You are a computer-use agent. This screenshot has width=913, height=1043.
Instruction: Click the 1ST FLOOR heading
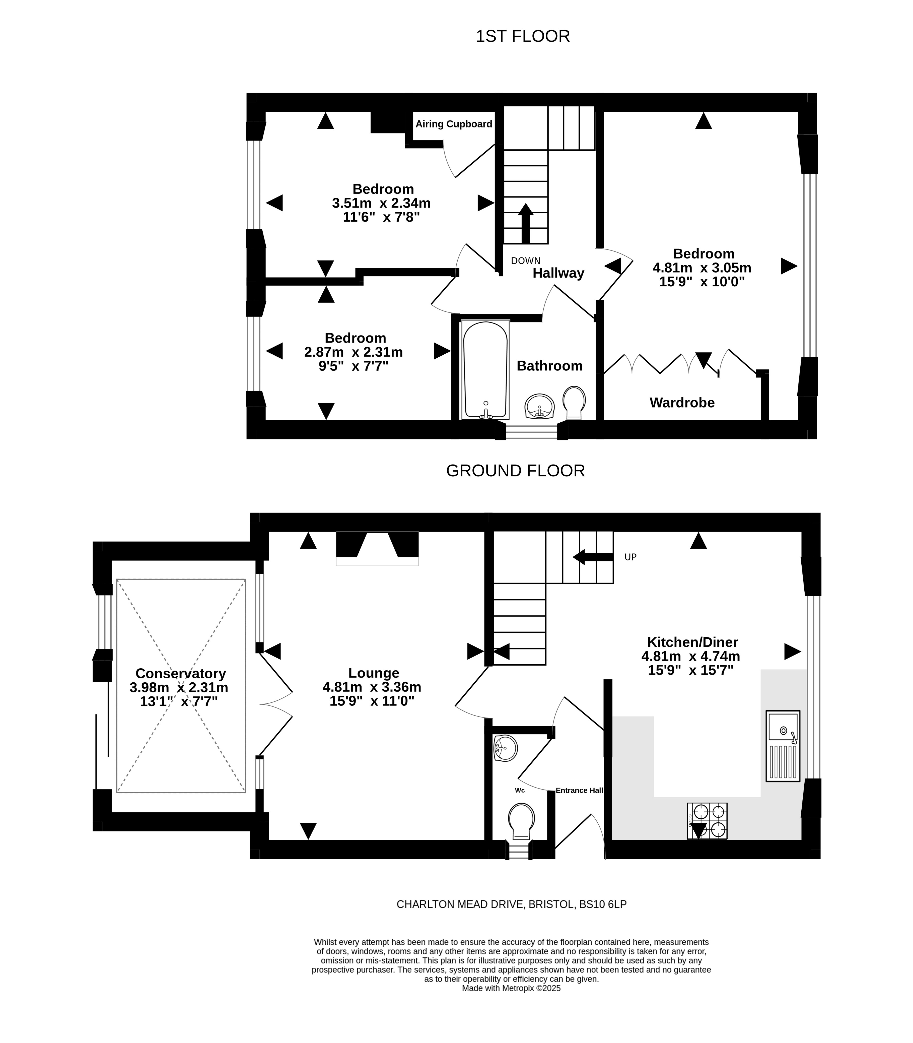click(523, 36)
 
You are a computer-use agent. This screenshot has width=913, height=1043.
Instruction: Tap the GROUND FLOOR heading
click(516, 470)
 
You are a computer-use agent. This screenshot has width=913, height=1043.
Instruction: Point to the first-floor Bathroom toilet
click(574, 403)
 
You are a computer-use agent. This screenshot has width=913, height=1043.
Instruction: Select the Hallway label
click(558, 273)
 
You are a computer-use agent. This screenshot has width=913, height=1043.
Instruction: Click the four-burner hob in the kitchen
click(707, 821)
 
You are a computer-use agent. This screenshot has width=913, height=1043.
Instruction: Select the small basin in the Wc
click(505, 748)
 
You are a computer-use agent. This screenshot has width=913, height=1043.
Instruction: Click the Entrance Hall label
click(579, 790)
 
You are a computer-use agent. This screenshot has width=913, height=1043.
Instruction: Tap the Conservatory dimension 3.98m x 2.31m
click(179, 687)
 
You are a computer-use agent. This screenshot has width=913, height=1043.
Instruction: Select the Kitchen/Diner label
click(692, 642)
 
